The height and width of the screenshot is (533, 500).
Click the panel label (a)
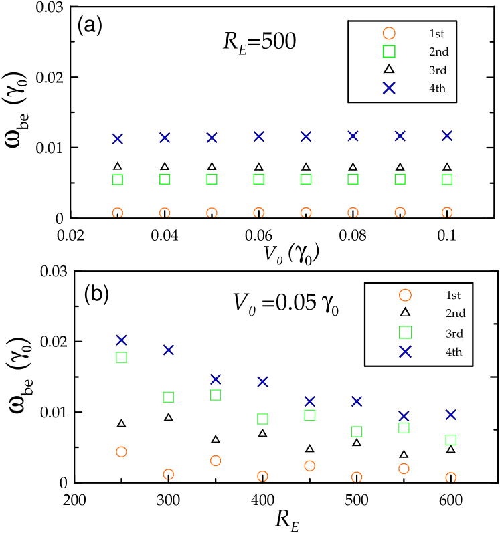pyautogui.click(x=92, y=25)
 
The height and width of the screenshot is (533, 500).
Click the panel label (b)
pyautogui.click(x=98, y=293)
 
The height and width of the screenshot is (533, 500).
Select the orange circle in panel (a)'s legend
pyautogui.click(x=389, y=33)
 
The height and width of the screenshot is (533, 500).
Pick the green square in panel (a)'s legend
pyautogui.click(x=389, y=51)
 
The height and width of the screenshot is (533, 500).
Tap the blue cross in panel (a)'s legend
pyautogui.click(x=389, y=88)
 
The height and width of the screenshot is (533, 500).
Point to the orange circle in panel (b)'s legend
pyautogui.click(x=405, y=295)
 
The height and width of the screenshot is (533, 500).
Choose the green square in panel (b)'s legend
pyautogui.click(x=405, y=332)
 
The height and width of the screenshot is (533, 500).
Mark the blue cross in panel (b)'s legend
pyautogui.click(x=405, y=352)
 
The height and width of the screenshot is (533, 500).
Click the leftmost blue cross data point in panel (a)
pyautogui.click(x=118, y=139)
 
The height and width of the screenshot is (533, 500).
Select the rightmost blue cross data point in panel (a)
pyautogui.click(x=447, y=136)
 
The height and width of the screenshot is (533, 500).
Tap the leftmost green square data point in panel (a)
pyautogui.click(x=118, y=179)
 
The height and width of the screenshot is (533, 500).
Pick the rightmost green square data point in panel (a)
pyautogui.click(x=447, y=179)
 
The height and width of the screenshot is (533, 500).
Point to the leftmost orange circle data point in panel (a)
pyautogui.click(x=118, y=213)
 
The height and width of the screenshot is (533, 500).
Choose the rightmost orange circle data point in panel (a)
pyautogui.click(x=447, y=212)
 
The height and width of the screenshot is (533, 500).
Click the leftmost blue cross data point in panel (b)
pyautogui.click(x=122, y=340)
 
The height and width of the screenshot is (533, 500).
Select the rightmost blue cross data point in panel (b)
pyautogui.click(x=451, y=415)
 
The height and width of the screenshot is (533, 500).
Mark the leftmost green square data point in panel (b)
pyautogui.click(x=122, y=358)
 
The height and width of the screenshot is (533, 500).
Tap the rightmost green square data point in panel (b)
pyautogui.click(x=451, y=440)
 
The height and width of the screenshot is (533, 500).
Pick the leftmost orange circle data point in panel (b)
pyautogui.click(x=122, y=452)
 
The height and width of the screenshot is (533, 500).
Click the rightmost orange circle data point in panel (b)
pyautogui.click(x=451, y=477)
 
